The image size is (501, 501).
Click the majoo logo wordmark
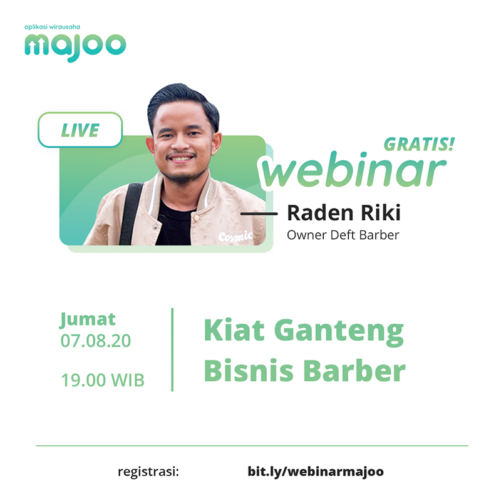[x=75, y=48]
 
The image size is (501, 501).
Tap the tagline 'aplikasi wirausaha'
[x=52, y=27]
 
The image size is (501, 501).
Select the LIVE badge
[x=80, y=130]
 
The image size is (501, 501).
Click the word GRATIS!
[x=419, y=145]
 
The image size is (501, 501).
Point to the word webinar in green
[x=353, y=170]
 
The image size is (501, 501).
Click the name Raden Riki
[x=344, y=213]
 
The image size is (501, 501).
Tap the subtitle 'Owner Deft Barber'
[x=343, y=235]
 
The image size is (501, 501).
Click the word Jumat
[x=88, y=319]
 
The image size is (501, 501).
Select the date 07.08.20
[x=96, y=341]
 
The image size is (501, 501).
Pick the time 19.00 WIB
[x=103, y=380]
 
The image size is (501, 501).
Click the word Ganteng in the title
[x=339, y=331]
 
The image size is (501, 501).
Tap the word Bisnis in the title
[x=249, y=371]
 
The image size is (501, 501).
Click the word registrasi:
[x=148, y=472]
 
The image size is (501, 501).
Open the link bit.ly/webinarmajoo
[x=316, y=472]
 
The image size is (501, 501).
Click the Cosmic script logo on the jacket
[x=235, y=237]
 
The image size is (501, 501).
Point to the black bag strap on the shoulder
[x=130, y=214]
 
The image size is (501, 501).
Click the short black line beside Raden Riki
[x=259, y=214]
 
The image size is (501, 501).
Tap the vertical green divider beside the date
[x=172, y=349]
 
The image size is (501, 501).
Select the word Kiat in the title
[x=234, y=330]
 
